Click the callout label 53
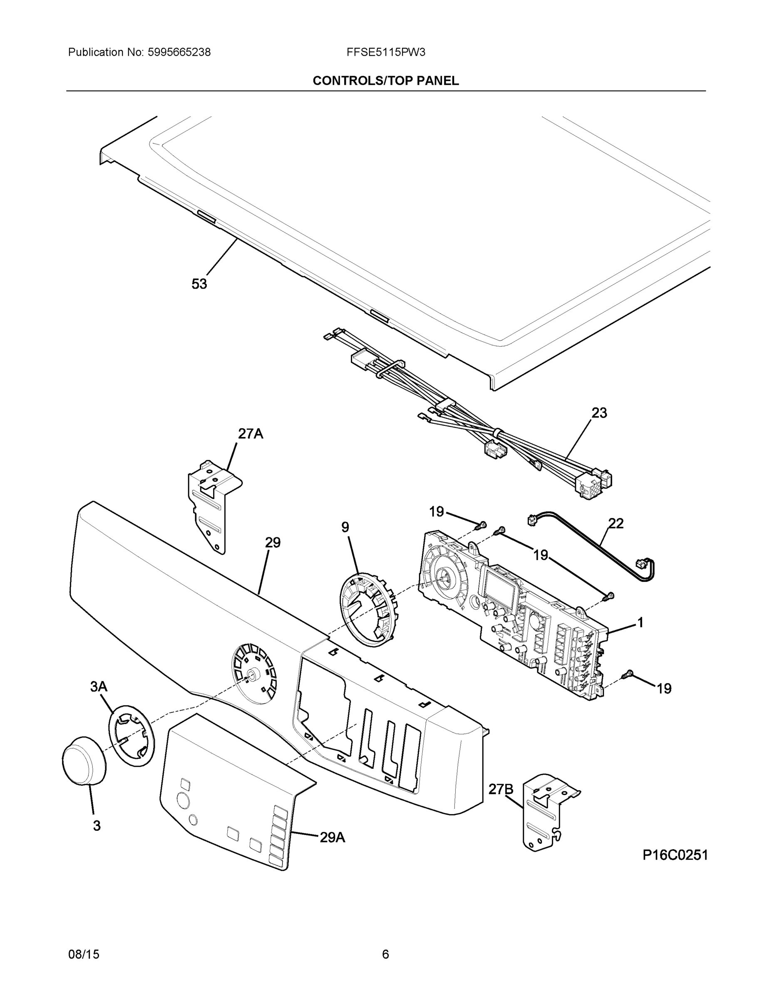click(x=199, y=284)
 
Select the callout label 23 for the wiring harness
click(x=599, y=413)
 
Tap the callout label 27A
click(x=250, y=434)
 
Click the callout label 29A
click(x=332, y=837)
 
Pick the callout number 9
click(x=345, y=527)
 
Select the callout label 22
click(x=616, y=524)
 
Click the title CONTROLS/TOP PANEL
click(x=385, y=81)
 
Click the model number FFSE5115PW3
click(x=385, y=52)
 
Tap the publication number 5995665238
click(x=179, y=52)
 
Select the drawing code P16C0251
click(x=675, y=855)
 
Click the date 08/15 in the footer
click(x=84, y=955)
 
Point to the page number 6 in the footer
click(x=385, y=955)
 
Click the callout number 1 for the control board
click(x=640, y=623)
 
